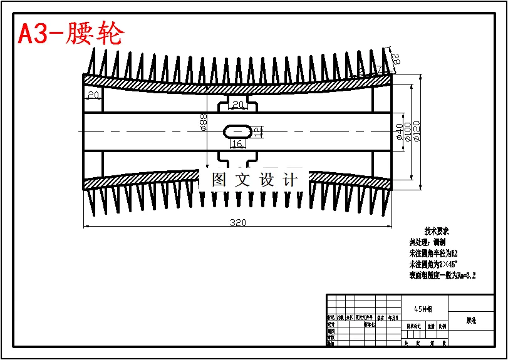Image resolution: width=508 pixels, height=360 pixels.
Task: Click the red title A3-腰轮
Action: point(71,33)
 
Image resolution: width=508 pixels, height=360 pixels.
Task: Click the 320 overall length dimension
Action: point(237,223)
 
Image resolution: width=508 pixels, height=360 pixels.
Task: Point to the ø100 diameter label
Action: point(408,131)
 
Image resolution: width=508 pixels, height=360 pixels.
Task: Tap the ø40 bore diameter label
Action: point(399,131)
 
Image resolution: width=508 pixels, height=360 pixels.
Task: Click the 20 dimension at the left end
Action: point(93,95)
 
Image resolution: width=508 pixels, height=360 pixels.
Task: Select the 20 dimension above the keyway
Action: point(238,105)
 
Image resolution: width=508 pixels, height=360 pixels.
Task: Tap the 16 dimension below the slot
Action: point(237,144)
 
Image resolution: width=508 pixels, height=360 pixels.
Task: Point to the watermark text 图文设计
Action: point(254,180)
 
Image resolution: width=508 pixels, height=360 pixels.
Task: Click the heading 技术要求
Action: point(437,231)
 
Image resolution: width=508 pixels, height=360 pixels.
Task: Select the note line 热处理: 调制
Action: point(428,242)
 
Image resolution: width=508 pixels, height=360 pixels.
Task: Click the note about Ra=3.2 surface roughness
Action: point(442,275)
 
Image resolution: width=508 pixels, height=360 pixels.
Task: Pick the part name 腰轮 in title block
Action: point(471,320)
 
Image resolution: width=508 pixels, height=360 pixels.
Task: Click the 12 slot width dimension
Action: point(256,131)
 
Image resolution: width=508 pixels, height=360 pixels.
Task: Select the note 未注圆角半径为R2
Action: point(433,254)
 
